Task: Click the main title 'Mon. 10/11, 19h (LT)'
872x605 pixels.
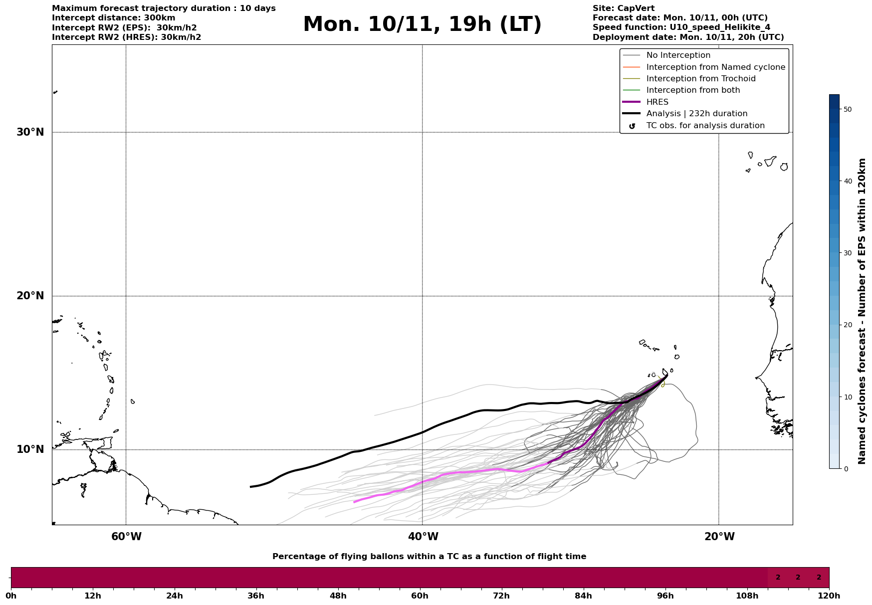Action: [x=422, y=24]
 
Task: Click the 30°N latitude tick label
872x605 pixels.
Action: [x=30, y=132]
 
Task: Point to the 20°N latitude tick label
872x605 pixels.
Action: [x=30, y=296]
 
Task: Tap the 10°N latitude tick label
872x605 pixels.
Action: [x=30, y=449]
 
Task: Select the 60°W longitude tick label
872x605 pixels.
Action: [x=126, y=537]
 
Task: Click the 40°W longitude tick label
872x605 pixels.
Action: [x=423, y=537]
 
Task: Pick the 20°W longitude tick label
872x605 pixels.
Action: [x=719, y=537]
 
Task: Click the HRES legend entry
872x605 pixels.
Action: [x=657, y=102]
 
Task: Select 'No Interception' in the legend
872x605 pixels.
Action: [x=678, y=55]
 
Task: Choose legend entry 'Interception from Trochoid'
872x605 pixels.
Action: [x=700, y=79]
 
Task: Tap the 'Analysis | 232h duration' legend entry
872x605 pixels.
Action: [x=696, y=114]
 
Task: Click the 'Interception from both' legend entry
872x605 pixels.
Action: [x=693, y=90]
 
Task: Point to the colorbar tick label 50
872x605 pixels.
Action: [x=847, y=109]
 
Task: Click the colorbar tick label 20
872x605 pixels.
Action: [x=847, y=325]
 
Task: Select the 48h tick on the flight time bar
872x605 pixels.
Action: [x=338, y=596]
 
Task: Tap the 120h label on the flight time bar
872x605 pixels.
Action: [x=829, y=596]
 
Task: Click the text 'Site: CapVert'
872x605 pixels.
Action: [x=623, y=8]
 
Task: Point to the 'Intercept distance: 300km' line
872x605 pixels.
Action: [x=113, y=18]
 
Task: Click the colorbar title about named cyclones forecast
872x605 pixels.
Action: [x=862, y=311]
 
